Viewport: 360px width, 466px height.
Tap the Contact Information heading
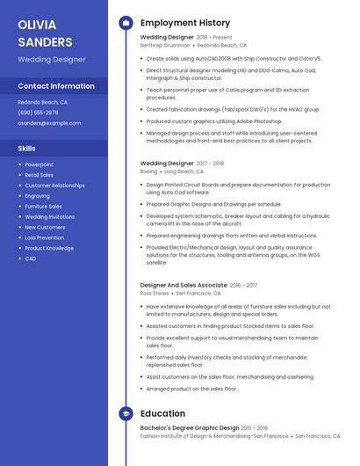tap(56, 86)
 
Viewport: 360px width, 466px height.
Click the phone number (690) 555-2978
tap(38, 113)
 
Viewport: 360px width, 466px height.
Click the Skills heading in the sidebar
tap(27, 149)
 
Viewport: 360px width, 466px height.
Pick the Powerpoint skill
tap(39, 164)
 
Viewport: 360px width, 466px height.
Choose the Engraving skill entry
tap(37, 196)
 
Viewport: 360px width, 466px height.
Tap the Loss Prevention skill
tap(44, 237)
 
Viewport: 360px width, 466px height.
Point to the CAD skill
tap(30, 258)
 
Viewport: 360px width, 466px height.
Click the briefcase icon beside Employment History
tap(125, 22)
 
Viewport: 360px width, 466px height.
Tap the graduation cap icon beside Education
tap(125, 413)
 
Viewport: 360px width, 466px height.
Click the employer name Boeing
tap(148, 171)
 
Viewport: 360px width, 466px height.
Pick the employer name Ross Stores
tap(155, 293)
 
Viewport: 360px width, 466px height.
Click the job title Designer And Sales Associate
tap(183, 285)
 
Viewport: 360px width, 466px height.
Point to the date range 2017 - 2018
tap(210, 164)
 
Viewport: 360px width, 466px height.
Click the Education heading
tap(162, 413)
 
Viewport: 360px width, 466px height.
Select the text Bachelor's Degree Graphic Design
tap(189, 428)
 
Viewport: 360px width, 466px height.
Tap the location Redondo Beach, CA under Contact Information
tap(42, 102)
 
